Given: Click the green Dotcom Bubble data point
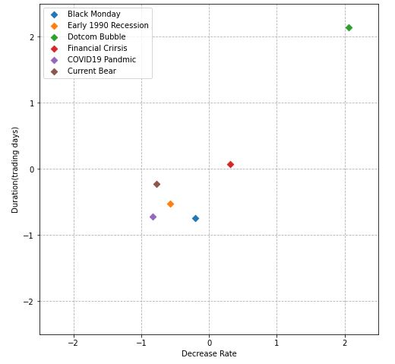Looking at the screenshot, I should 349,28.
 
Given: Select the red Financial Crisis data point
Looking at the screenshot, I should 230,164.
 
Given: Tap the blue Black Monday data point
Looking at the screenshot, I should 195,218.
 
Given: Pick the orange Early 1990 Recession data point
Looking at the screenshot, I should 170,204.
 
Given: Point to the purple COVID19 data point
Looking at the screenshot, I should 153,217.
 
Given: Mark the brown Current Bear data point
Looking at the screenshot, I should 156,184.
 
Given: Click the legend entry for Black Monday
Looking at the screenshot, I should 93,14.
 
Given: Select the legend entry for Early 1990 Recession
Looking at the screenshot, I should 108,26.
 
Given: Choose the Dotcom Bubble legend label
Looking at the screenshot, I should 96,37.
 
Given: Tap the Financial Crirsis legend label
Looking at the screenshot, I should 97,49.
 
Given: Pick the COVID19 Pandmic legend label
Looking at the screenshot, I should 102,60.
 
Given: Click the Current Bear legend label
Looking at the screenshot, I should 92,71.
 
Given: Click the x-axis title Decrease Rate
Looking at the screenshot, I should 209,354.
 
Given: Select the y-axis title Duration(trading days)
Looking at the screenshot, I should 15,169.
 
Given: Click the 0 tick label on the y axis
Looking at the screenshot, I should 33,169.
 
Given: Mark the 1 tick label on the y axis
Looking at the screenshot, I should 33,103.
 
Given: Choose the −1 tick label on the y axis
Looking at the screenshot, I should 30,236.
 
